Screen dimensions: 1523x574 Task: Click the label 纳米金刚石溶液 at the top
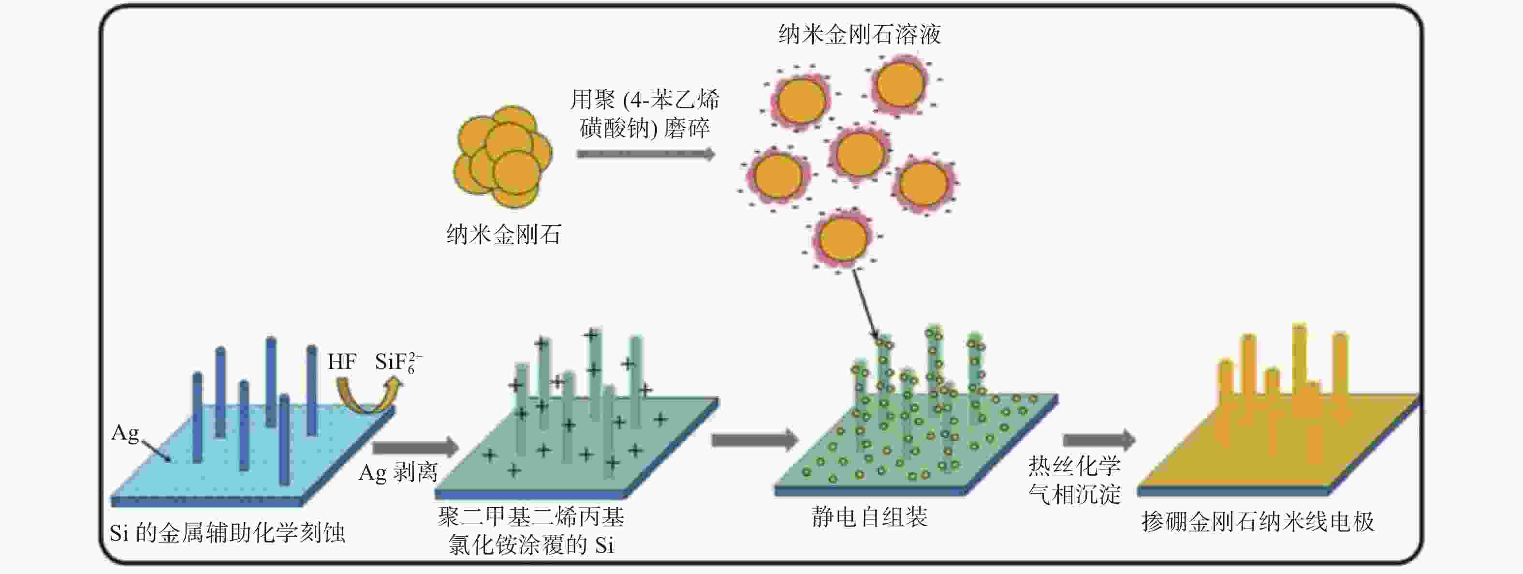[x=860, y=34]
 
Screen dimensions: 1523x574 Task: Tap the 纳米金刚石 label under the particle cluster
[x=504, y=235]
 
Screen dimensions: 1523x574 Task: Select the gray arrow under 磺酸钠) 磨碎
[x=646, y=154]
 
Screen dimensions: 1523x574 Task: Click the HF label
[x=342, y=361]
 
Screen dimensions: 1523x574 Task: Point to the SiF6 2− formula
[x=398, y=362]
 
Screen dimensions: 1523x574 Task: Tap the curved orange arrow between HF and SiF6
[x=368, y=396]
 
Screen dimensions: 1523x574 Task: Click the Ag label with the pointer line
[x=125, y=433]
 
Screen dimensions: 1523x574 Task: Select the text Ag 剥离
[x=398, y=472]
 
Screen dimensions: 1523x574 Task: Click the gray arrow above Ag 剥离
[x=416, y=447]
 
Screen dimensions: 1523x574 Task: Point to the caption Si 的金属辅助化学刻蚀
[x=228, y=533]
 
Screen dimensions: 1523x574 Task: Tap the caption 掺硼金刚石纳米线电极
[x=1258, y=522]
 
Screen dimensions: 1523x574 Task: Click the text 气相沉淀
[x=1074, y=494]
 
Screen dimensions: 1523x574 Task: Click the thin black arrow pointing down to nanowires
[x=865, y=306]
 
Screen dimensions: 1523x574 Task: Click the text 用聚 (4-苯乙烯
[x=644, y=99]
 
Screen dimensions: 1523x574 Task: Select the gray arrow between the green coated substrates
[x=755, y=440]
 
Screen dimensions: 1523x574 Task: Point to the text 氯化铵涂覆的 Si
[x=531, y=545]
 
